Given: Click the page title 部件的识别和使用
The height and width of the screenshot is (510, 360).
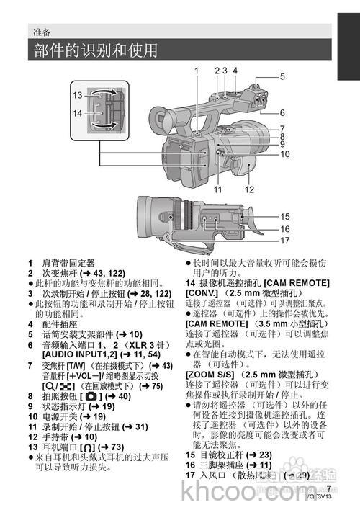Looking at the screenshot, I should pos(95,51).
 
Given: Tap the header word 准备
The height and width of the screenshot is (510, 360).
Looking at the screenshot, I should pos(42,32).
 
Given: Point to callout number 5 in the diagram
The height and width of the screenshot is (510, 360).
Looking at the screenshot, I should pos(283,76).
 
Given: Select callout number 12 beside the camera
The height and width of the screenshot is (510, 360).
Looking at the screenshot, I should pos(250,190).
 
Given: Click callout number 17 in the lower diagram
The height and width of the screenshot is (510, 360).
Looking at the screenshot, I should pos(285,241).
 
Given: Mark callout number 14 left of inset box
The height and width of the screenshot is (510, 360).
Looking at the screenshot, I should pos(77,113).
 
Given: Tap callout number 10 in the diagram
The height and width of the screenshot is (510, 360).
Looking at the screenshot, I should pos(285,153).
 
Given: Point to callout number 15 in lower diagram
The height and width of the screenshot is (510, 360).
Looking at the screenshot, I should pos(285,216).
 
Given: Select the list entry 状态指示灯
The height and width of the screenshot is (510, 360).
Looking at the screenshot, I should pos(71,406).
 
